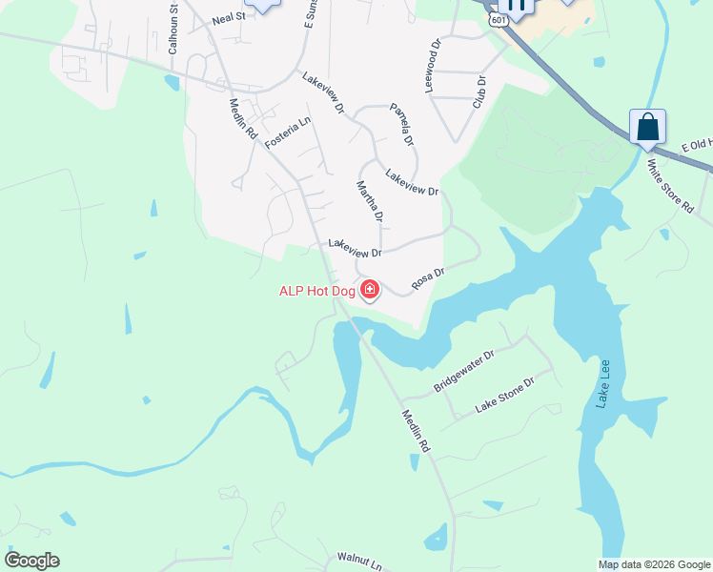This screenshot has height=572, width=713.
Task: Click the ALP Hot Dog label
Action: point(316,291)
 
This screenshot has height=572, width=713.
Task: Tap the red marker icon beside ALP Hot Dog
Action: point(369,289)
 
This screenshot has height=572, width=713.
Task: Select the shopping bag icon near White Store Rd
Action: point(647,127)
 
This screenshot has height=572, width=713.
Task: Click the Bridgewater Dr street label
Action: point(464,371)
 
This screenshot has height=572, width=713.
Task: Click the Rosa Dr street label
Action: point(428,278)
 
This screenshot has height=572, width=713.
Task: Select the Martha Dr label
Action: point(370,202)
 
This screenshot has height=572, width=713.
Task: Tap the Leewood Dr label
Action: point(434,65)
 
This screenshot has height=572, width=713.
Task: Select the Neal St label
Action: point(229,17)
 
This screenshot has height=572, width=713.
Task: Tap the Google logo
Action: point(31,560)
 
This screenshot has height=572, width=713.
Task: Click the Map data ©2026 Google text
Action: point(654,564)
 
